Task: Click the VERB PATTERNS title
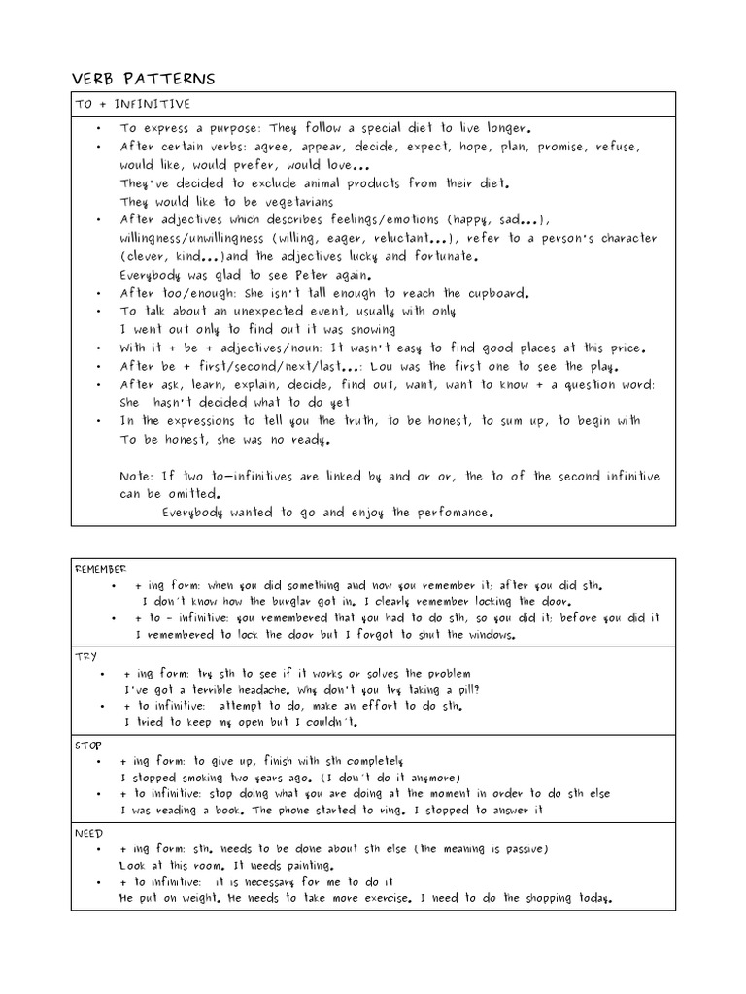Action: coord(144,79)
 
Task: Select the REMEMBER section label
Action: coord(101,569)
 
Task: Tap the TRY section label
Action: coord(86,656)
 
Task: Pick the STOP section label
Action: coord(89,745)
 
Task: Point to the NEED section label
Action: coord(89,833)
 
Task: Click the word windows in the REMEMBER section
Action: coord(481,636)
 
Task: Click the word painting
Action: coord(303,865)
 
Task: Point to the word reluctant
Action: coord(392,239)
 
